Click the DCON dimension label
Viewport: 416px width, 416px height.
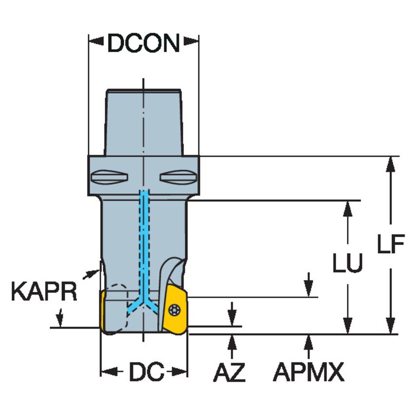click(144, 44)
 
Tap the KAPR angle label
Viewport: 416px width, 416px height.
click(44, 293)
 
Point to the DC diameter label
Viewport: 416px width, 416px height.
click(145, 373)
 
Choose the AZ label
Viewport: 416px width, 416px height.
click(229, 373)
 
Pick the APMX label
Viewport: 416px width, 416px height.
click(308, 373)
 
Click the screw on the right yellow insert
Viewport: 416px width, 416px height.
click(174, 309)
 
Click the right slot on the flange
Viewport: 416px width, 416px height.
click(178, 176)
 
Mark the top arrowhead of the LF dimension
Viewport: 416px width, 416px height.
click(390, 164)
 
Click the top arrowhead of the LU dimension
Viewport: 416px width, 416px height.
click(348, 208)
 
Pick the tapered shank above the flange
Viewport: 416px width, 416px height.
click(144, 122)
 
